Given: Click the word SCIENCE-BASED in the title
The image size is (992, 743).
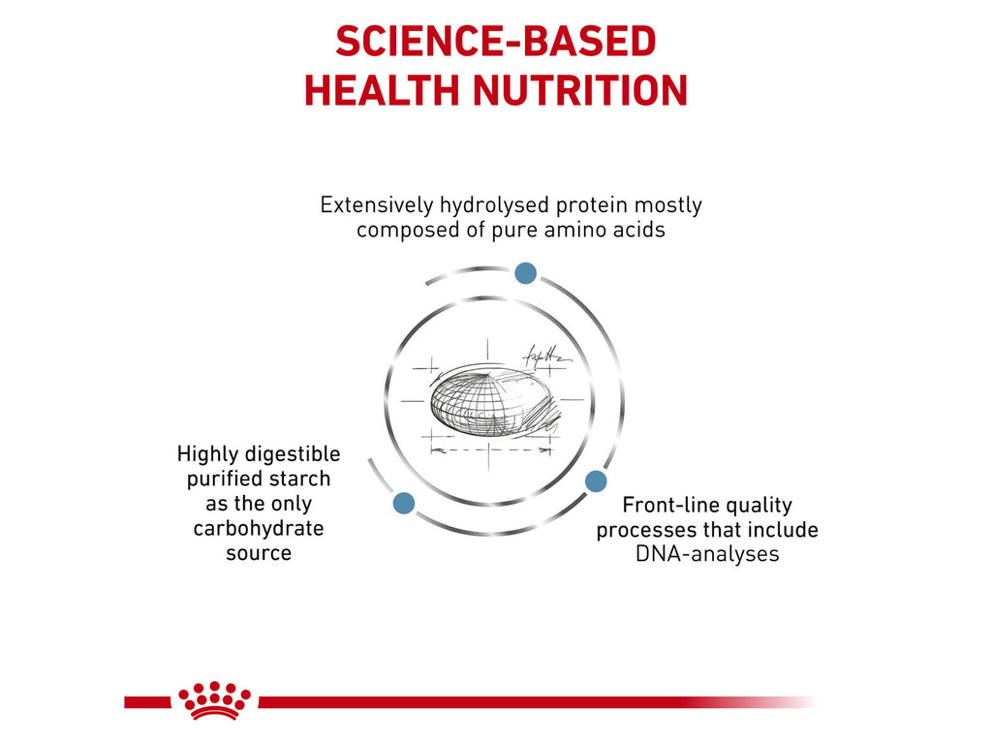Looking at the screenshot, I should pos(496,42).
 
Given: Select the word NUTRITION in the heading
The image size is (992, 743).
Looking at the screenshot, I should pos(579,91).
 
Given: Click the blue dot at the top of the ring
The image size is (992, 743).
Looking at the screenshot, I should pos(525,273).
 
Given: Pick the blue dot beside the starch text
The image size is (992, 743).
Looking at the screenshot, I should pos(404,503).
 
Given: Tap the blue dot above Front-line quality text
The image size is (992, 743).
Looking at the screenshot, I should pos(596,480).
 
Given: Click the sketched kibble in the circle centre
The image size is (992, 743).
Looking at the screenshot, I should pos(489,402).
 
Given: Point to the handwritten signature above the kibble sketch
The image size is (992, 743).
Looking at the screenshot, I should pos(546,355).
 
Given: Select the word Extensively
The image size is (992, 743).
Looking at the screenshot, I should pos(377,205).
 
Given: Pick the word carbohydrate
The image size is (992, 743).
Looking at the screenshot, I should pos(259,528).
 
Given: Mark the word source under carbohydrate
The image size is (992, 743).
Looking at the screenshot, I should pos(259,553).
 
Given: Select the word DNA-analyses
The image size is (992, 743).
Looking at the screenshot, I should pos(707,554).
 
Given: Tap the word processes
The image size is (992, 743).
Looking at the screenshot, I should pos(642,530).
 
